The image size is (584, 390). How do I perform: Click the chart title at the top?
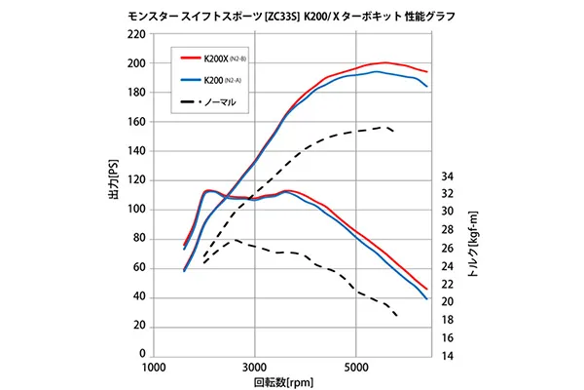(292, 17)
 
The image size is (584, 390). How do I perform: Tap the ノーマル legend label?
(220, 101)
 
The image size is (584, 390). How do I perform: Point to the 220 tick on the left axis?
(135, 34)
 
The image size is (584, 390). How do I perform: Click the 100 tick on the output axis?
(135, 210)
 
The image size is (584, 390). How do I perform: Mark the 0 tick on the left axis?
(142, 355)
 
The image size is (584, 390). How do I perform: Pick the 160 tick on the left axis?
(135, 122)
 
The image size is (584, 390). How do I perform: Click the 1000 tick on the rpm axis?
(154, 369)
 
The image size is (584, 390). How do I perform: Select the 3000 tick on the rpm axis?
(255, 369)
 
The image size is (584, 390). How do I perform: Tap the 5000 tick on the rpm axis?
(356, 369)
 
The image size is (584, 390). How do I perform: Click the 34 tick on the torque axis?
(449, 176)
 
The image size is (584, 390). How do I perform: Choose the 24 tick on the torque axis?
(449, 266)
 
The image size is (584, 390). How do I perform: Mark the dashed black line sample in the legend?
(189, 101)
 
